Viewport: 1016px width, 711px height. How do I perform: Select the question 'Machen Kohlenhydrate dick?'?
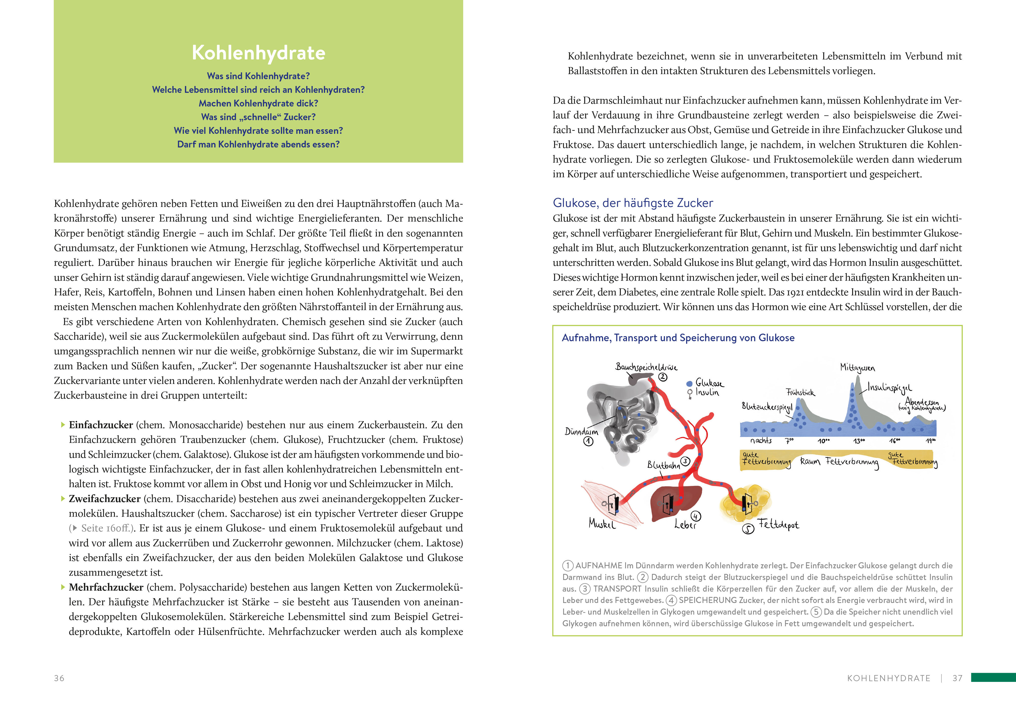click(258, 103)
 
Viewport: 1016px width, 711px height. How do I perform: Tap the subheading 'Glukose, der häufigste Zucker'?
click(633, 203)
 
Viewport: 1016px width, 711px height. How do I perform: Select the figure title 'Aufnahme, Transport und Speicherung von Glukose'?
click(678, 338)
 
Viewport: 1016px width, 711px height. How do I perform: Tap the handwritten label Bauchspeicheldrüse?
click(646, 367)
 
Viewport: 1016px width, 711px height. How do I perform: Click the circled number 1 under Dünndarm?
click(588, 442)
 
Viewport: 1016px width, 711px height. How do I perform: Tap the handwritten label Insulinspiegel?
click(890, 388)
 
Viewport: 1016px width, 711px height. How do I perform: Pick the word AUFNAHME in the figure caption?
click(599, 566)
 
